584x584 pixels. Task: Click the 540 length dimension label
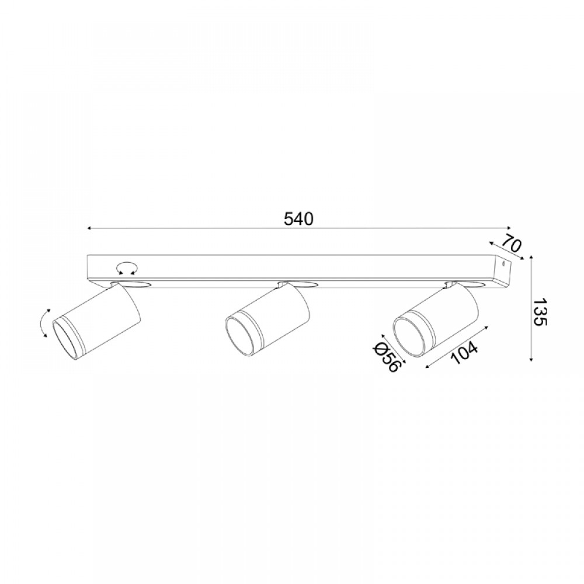click(x=298, y=219)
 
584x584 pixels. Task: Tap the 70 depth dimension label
click(x=512, y=244)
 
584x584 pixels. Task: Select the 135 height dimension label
click(x=540, y=312)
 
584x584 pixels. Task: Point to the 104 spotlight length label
click(x=464, y=353)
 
